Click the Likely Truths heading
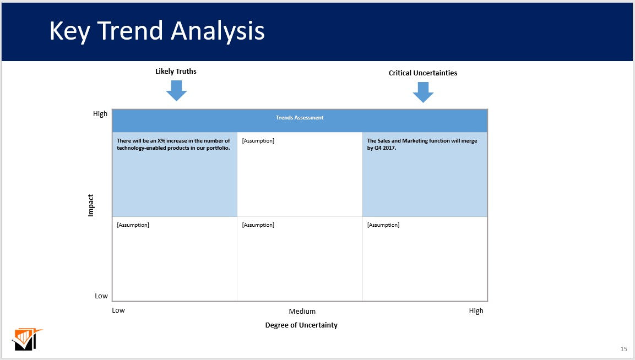(x=176, y=72)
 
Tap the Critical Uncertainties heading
(x=423, y=73)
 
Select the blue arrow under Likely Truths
(x=176, y=90)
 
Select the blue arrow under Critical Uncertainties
(x=423, y=92)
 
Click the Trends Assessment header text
(x=300, y=118)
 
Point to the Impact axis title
(x=91, y=205)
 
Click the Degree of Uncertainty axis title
(x=301, y=325)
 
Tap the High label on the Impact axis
(x=100, y=114)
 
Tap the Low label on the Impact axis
(x=101, y=296)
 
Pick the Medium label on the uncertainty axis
(x=302, y=312)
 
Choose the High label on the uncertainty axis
(x=476, y=311)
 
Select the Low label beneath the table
(x=118, y=310)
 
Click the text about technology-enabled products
(x=173, y=144)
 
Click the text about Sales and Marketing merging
(x=422, y=144)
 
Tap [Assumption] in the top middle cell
(x=258, y=141)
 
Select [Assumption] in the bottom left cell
(x=133, y=225)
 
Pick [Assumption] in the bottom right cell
(x=383, y=225)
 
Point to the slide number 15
(x=623, y=349)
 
